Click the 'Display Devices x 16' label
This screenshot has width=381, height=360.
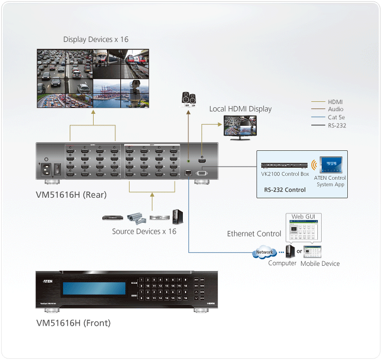96,39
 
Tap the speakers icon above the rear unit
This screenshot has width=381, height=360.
188,99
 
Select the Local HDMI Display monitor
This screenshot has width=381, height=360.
239,128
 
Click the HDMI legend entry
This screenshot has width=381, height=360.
335,102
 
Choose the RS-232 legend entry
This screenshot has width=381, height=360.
337,126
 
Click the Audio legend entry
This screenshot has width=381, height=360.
335,109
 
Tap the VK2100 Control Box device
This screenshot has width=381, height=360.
285,165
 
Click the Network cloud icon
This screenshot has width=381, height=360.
264,253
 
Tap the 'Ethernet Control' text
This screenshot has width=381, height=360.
254,234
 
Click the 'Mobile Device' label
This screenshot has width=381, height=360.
320,264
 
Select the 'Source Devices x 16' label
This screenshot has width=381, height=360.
144,231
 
